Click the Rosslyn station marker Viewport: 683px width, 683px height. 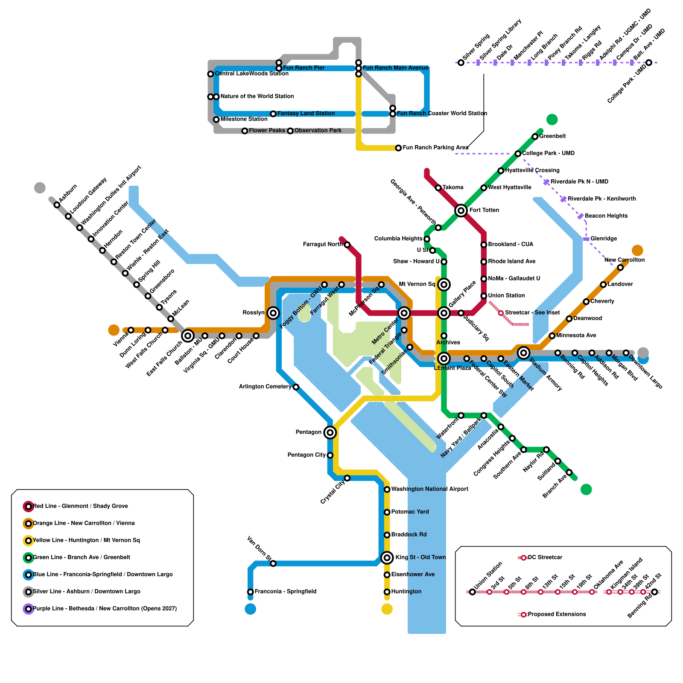[273, 313]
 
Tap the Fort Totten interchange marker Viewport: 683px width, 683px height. [461, 210]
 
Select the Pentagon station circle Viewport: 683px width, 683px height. [330, 432]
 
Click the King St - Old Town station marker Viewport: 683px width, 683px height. [387, 557]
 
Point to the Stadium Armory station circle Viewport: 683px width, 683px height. [524, 353]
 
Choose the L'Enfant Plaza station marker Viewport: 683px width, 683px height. [444, 359]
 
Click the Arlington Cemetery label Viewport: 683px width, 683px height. [265, 387]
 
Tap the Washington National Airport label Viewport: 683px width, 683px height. [429, 489]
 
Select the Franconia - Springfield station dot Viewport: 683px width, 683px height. [251, 592]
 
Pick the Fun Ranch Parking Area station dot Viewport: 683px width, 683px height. [398, 148]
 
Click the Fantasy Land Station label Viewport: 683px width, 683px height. [306, 114]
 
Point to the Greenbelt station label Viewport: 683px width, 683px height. [552, 136]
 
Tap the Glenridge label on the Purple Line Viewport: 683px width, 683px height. [604, 239]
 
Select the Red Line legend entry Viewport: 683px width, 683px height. [80, 506]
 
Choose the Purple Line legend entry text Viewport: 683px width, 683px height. [105, 609]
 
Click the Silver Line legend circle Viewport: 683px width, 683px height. [29, 592]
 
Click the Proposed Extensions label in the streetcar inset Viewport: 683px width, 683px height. [557, 614]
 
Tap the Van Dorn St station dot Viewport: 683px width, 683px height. [273, 563]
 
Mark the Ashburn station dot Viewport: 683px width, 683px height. [57, 205]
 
